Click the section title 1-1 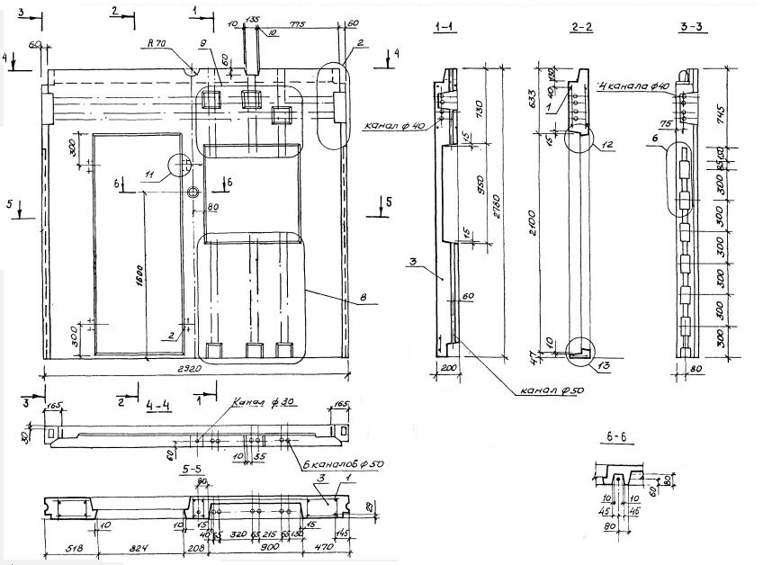[445, 30]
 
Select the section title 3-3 [691, 30]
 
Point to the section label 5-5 [191, 470]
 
